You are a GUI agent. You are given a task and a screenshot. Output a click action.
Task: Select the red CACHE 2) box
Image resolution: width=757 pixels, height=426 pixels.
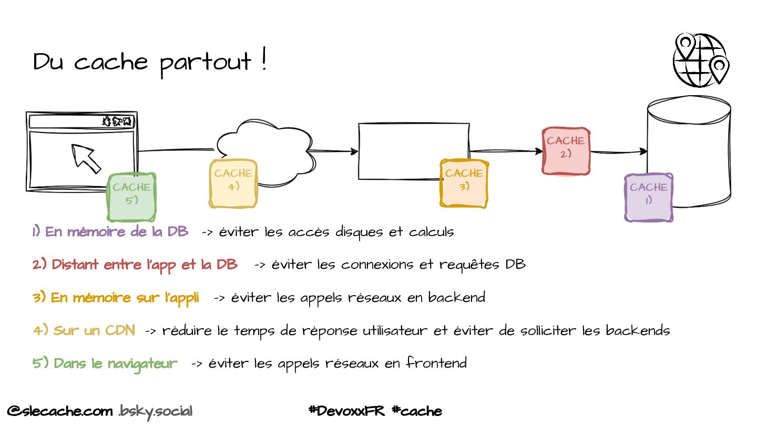coord(566,150)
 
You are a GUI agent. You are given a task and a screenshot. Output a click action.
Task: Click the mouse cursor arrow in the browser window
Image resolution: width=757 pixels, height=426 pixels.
coord(86,158)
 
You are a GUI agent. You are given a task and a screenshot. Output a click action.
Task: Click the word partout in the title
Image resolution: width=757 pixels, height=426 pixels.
coord(206,63)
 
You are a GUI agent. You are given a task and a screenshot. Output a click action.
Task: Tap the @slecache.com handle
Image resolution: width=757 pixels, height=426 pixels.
coord(60,411)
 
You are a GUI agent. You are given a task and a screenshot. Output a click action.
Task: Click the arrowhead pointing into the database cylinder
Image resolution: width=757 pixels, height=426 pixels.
coord(643,151)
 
